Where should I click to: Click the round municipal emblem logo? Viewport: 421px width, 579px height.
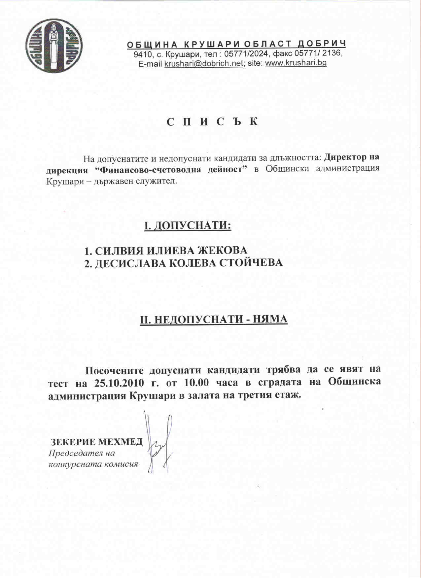[x=54, y=46]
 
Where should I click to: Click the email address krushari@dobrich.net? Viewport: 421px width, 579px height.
[x=203, y=63]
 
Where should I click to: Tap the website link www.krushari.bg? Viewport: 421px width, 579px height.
[x=296, y=63]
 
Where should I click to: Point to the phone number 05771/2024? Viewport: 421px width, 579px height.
[x=246, y=53]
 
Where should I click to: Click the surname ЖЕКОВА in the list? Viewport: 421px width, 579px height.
[x=222, y=251]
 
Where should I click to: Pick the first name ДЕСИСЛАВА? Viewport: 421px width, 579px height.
[x=130, y=263]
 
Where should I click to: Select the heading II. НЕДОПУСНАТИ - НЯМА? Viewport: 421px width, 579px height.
[x=214, y=320]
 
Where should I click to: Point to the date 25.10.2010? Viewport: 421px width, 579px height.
[x=119, y=383]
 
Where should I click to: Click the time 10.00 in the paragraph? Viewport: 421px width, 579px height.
[x=196, y=383]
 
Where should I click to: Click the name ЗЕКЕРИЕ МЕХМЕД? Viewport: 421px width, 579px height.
[x=96, y=442]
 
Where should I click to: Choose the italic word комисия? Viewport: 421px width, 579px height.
[x=122, y=464]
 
